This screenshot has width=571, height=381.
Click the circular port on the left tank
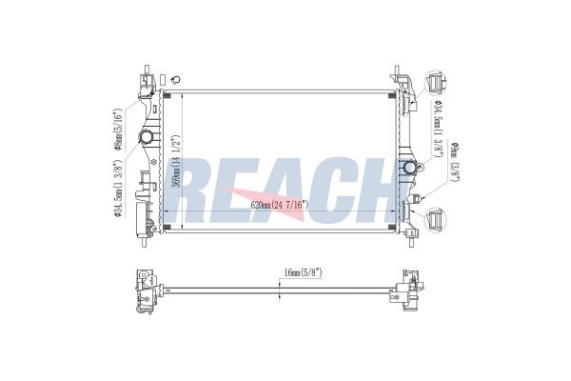148,139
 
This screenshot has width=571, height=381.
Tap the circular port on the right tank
410,169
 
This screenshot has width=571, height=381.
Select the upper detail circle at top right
435,81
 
